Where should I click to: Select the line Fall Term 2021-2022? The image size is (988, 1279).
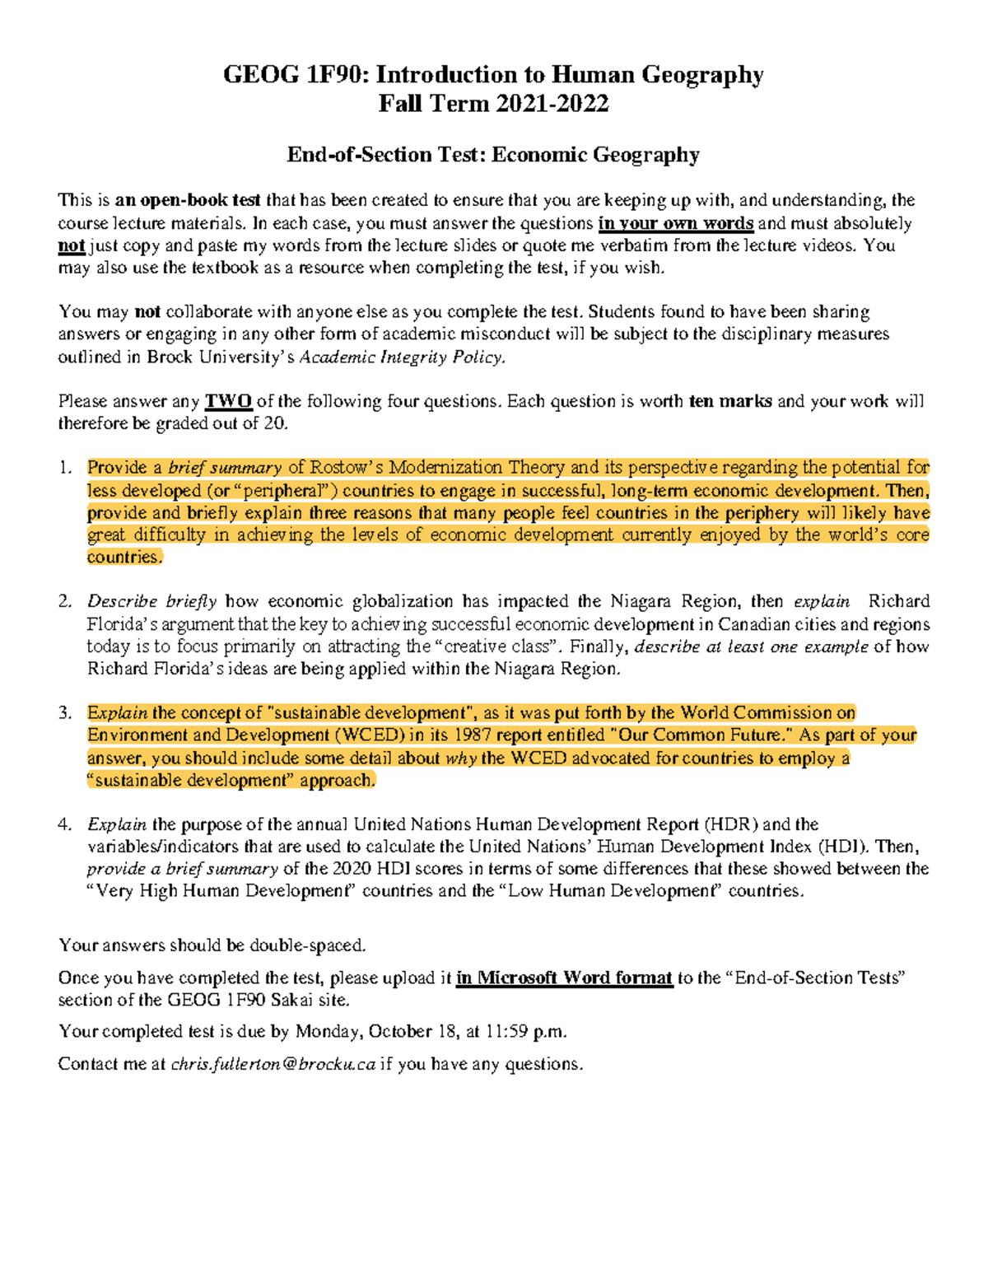coord(493,104)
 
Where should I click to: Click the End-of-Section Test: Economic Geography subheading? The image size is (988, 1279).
coord(493,155)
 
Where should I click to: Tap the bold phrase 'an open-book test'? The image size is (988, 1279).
coord(188,200)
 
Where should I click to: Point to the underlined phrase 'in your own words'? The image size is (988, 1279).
coord(675,223)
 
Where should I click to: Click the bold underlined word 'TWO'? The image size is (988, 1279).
coord(228,402)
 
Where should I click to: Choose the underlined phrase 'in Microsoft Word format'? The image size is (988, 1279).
coord(564,978)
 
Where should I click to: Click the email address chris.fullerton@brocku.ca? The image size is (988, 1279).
coord(273,1064)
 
